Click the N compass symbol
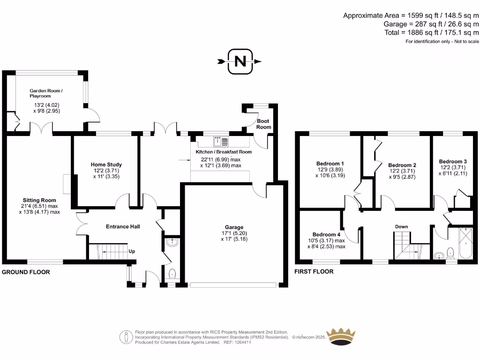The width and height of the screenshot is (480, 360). click(x=240, y=61)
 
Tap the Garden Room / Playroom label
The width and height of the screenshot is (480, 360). click(x=46, y=93)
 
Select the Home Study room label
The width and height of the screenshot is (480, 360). click(x=106, y=165)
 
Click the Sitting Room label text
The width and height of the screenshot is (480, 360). click(x=40, y=200)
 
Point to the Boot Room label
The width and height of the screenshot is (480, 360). click(x=263, y=124)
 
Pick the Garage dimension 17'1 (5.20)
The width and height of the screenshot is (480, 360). click(x=234, y=233)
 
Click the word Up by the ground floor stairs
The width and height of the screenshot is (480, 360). click(x=132, y=251)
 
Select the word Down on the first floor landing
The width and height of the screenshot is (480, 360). click(x=401, y=226)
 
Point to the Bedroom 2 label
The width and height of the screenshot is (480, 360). click(x=402, y=165)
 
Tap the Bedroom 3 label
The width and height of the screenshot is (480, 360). click(x=453, y=161)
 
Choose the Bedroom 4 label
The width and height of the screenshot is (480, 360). click(x=327, y=234)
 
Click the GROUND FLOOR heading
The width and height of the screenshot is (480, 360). click(x=26, y=272)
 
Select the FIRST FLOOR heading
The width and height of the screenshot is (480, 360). click(x=314, y=271)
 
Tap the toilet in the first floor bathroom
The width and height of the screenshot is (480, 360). click(x=450, y=254)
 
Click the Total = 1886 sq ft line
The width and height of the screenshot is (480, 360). click(x=438, y=32)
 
